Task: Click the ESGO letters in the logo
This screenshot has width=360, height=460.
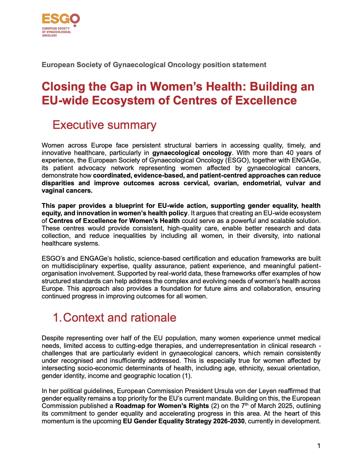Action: click(60, 19)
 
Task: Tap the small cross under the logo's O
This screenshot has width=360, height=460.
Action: click(75, 26)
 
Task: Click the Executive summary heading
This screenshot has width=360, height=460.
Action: click(104, 125)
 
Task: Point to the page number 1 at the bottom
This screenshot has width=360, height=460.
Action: click(319, 446)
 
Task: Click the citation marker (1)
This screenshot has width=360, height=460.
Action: click(186, 376)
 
